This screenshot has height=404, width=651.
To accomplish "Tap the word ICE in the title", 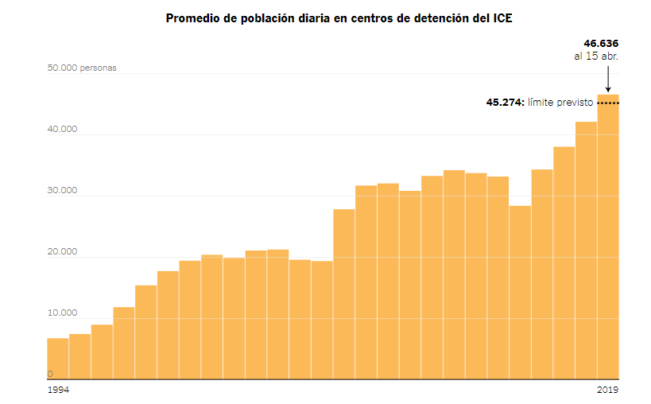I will (x=502, y=17).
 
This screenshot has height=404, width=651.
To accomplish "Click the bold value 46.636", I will (x=601, y=43).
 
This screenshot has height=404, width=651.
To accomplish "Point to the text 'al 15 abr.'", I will (x=596, y=56).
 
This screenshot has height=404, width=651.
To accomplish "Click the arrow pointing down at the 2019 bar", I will (x=608, y=80).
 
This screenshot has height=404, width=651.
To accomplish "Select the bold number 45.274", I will (x=504, y=103).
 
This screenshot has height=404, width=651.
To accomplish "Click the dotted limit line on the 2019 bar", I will (x=608, y=103).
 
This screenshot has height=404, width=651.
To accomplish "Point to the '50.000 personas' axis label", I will (x=82, y=68).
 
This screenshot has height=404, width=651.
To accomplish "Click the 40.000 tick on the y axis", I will (x=62, y=130).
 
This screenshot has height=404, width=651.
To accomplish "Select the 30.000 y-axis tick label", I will (x=62, y=191).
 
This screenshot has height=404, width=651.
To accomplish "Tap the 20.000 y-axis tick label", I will (x=62, y=253).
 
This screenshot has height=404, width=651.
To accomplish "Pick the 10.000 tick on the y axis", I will (x=62, y=314).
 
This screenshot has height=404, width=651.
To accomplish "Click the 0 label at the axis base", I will (x=50, y=374).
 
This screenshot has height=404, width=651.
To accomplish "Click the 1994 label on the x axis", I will (x=57, y=390).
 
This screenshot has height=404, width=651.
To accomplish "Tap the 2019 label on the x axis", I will (x=608, y=390).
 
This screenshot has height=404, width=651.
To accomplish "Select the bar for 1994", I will (x=58, y=359).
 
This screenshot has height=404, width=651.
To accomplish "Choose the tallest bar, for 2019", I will (x=608, y=239).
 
